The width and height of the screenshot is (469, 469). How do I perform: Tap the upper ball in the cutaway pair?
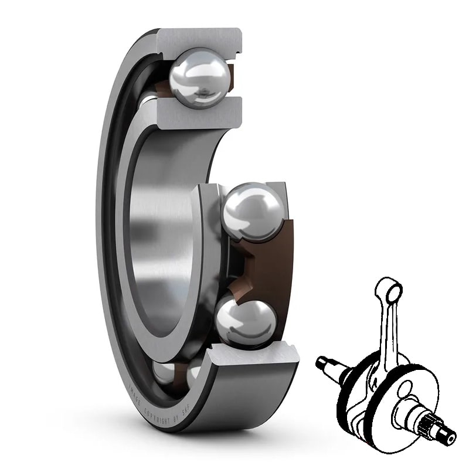click(x=253, y=211)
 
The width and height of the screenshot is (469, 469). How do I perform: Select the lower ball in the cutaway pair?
click(x=246, y=320)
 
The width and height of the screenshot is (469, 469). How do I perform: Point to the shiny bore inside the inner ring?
click(x=161, y=235)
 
